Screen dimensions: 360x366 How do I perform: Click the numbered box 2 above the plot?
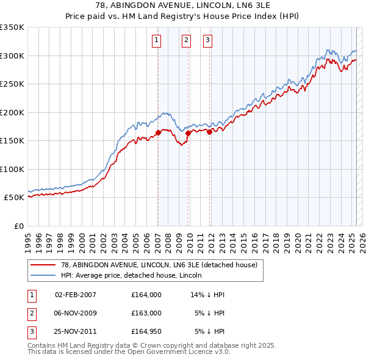coord(186,41)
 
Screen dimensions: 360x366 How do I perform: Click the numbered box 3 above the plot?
coord(208,41)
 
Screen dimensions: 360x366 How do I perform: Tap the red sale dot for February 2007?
coord(158,132)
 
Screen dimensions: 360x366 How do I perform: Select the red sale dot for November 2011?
coord(209,132)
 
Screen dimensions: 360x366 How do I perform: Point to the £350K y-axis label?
coord(12,27)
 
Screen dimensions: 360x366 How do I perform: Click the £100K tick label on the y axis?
coord(12,169)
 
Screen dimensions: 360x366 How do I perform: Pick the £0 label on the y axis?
coord(20,226)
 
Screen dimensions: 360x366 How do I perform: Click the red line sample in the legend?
coord(43,265)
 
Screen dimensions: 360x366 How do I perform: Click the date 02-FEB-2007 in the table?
coord(76,295)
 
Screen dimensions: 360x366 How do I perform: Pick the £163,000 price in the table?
coord(146,313)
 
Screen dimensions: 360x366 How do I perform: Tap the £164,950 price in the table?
coord(146,331)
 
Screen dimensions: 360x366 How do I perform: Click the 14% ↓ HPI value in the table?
coord(208,295)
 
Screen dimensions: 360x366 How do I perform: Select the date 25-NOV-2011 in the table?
coord(76,331)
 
